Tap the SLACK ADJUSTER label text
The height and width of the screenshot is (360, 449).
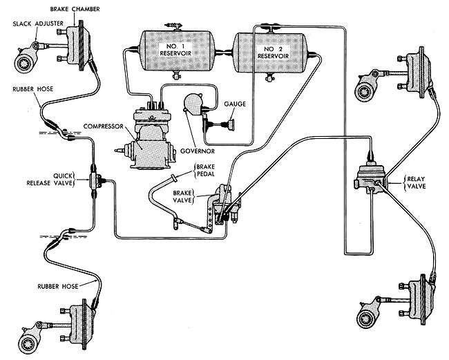(35, 23)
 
